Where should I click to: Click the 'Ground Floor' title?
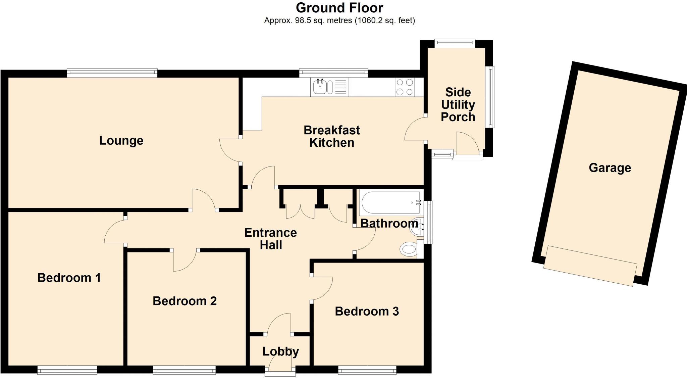click(x=339, y=8)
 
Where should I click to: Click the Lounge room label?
click(x=121, y=140)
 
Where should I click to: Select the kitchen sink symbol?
click(x=320, y=87)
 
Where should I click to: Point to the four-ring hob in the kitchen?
click(x=405, y=87)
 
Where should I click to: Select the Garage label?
click(x=610, y=168)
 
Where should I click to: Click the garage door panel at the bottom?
click(x=590, y=266)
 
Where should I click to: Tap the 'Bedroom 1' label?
click(x=69, y=278)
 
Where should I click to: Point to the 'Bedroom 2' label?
click(x=184, y=301)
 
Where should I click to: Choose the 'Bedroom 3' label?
click(x=367, y=311)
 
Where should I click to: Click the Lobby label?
click(x=280, y=351)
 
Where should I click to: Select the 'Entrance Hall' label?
click(x=270, y=239)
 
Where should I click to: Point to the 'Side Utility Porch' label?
click(x=458, y=104)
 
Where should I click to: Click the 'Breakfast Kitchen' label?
click(x=331, y=136)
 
